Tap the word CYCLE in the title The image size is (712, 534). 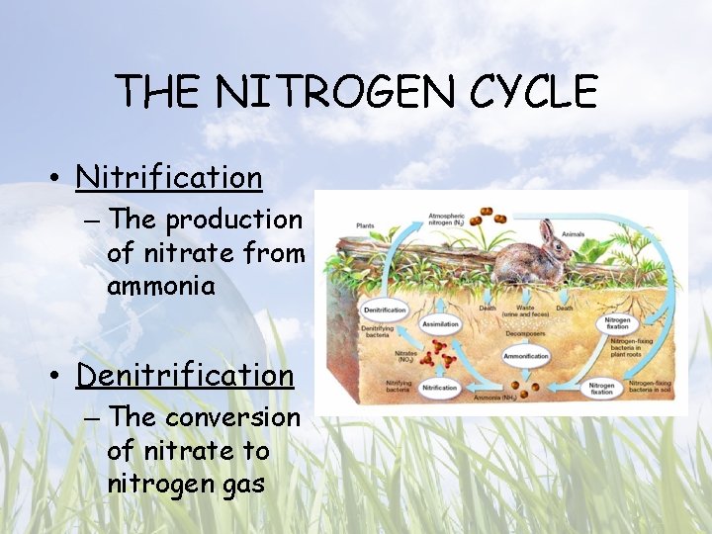tap(534, 92)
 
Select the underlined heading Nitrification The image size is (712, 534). tap(169, 177)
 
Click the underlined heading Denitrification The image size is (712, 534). tap(185, 375)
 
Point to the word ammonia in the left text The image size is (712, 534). tap(161, 286)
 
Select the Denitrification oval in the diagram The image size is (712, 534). tap(385, 310)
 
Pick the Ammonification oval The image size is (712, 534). tap(525, 356)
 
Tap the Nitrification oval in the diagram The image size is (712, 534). tap(440, 388)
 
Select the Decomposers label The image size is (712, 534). tap(524, 333)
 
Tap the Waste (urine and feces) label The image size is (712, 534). tap(525, 311)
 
